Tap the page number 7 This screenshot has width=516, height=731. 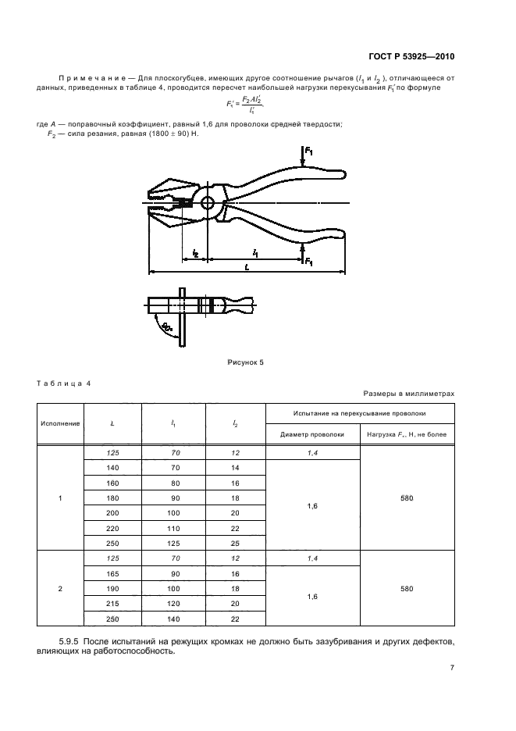pos(451,668)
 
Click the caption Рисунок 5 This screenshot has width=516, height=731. pos(246,362)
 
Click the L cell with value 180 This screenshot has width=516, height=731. pos(112,498)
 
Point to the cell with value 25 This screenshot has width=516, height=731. pos(235,543)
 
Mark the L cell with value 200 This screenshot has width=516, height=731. pos(112,513)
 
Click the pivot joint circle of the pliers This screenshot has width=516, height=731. pos(207,203)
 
